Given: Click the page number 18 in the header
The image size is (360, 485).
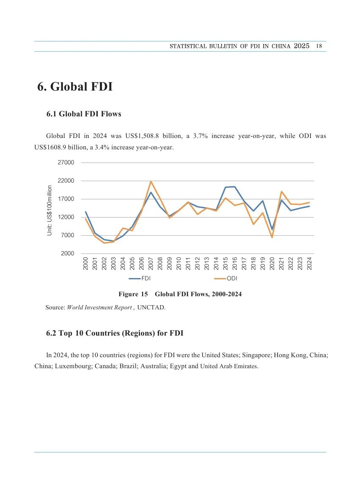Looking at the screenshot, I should point(319,46).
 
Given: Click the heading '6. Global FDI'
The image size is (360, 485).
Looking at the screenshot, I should point(75,87).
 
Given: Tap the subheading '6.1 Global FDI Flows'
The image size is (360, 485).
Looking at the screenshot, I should point(84,114).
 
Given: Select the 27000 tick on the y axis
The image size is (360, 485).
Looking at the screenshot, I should point(66,163).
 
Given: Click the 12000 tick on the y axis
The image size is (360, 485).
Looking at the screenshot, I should point(66,217).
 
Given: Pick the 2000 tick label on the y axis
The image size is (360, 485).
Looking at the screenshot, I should point(67,254).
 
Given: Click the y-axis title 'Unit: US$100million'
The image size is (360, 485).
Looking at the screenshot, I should point(49,210).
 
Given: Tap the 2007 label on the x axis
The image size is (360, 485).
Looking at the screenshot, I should point(151,263).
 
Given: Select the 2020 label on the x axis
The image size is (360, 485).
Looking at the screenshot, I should point(272,263).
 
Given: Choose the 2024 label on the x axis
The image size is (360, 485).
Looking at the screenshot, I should point(309,263).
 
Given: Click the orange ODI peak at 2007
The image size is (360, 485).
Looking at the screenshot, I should point(151,182).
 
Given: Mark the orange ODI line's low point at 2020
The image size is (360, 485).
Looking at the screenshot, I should point(272,237).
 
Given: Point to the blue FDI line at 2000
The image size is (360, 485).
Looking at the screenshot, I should point(85,212).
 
